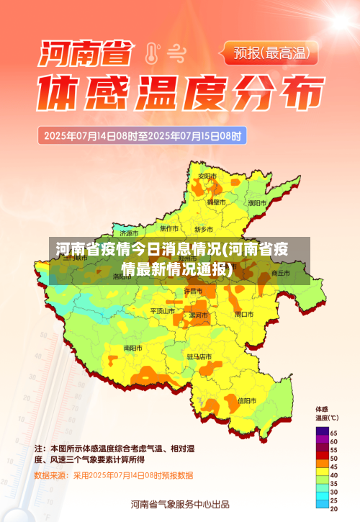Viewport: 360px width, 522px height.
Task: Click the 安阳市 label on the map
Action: pos(207,176)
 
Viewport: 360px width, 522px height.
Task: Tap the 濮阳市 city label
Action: pos(257,203)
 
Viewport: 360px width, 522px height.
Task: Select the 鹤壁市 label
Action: pos(216,203)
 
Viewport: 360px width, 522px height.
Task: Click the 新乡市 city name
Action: pos(204,229)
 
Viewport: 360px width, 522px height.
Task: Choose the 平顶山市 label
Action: pos(162,311)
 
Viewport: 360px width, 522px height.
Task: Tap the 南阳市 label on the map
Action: pos(132,348)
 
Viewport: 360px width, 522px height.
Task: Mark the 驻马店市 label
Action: pos(199,356)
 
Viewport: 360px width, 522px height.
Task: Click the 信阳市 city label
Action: pos(247,400)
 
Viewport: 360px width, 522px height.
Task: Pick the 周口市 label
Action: pos(244,315)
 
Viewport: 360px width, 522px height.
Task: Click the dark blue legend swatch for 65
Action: pos(322,431)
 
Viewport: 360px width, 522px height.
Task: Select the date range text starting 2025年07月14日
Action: pos(143,135)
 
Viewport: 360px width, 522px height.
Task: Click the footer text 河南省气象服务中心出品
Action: pos(180,504)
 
